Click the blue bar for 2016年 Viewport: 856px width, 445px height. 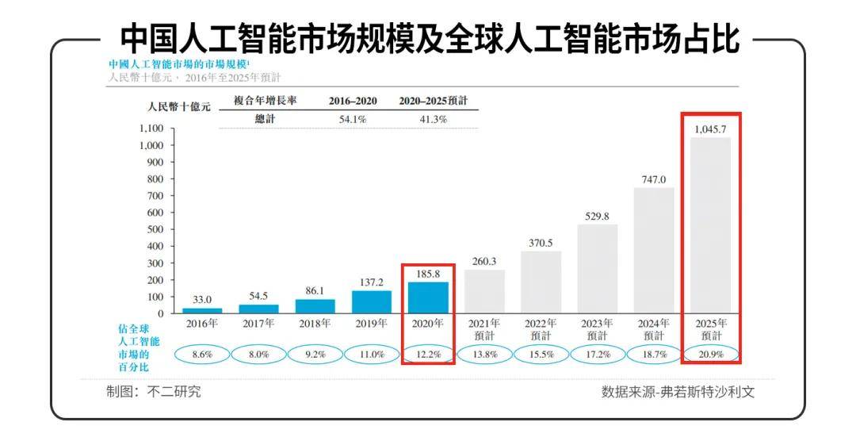(202, 310)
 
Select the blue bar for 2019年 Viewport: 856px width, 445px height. (372, 301)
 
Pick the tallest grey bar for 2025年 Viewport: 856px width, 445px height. (710, 225)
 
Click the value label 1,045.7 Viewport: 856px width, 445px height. (710, 129)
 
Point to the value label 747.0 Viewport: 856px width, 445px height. (654, 179)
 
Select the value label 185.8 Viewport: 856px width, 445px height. (428, 273)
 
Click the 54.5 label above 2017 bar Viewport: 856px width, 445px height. (258, 295)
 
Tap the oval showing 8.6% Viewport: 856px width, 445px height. (202, 355)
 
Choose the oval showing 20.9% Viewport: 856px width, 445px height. (710, 355)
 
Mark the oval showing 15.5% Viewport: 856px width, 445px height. (541, 355)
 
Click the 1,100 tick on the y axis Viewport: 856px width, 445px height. (151, 129)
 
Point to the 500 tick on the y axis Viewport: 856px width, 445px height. (154, 229)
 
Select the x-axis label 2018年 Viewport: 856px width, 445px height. (315, 324)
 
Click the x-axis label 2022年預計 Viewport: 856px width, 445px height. (541, 329)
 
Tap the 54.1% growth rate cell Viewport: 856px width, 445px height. (353, 120)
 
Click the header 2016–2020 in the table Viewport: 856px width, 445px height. (353, 102)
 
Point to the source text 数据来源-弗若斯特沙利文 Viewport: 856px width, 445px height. (678, 393)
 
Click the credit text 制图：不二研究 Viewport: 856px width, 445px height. (154, 391)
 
